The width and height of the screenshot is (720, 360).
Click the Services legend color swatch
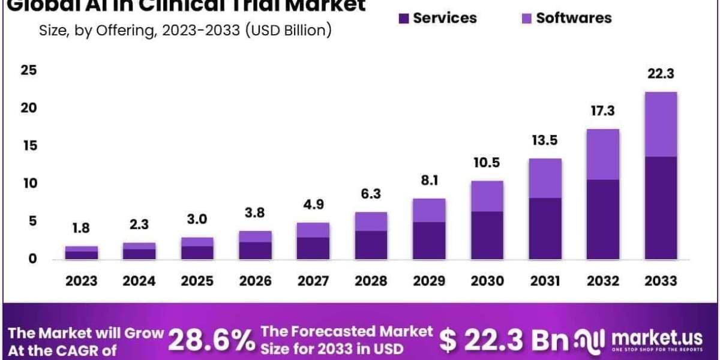(x=404, y=18)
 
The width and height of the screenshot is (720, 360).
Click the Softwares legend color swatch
(x=526, y=18)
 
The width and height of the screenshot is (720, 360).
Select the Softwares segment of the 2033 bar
(x=660, y=124)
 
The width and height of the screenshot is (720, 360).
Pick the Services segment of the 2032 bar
(x=602, y=220)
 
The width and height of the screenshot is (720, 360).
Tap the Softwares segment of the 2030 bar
(x=487, y=196)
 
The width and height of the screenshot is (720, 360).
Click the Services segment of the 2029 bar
(x=428, y=241)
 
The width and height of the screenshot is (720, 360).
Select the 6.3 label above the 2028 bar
(x=371, y=194)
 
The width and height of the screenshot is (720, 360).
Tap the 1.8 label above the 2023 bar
(x=81, y=228)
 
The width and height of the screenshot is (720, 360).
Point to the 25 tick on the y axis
(x=29, y=70)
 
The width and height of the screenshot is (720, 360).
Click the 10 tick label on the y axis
(x=29, y=183)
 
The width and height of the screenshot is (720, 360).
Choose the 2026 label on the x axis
(x=255, y=280)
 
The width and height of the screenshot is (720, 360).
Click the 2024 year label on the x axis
(x=139, y=280)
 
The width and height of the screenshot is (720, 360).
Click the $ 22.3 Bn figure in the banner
(x=503, y=341)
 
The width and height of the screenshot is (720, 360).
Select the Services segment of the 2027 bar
(x=313, y=248)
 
